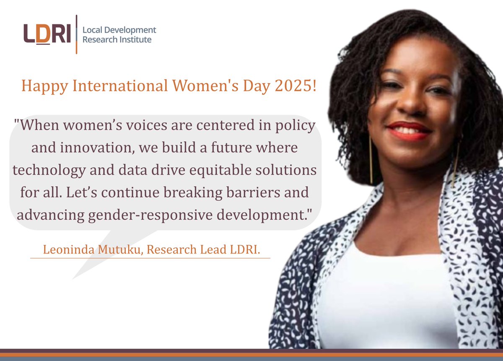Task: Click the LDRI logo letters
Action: pyautogui.click(x=47, y=34)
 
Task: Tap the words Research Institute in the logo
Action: pyautogui.click(x=117, y=40)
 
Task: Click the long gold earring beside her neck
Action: pyautogui.click(x=371, y=159)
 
